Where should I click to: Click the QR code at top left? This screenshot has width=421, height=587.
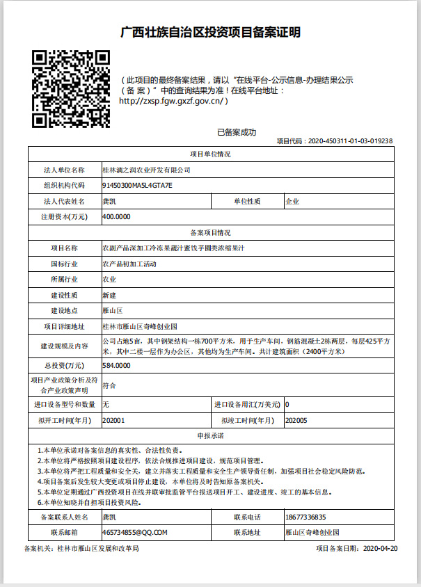coord(71,88)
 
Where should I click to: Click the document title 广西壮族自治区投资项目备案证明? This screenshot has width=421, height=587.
coord(211,32)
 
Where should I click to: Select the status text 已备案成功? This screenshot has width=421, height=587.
coord(237,132)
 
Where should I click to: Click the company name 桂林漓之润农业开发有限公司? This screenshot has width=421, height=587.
coord(146,170)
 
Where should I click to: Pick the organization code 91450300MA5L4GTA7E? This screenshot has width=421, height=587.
coord(136,186)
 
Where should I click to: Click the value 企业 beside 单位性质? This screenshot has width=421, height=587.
coord(292,202)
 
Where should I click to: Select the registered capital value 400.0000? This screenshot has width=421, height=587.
coord(116,217)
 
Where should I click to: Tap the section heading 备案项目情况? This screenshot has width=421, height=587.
coord(210,232)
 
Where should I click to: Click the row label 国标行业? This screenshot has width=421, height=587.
coord(64,264)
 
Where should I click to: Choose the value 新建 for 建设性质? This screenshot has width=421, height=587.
coord(109,295)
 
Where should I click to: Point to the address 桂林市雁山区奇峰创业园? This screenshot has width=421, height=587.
coord(140,326)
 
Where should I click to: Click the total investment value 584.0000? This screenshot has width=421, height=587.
coord(116,365)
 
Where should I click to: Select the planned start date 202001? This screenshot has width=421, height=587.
coord(113,420)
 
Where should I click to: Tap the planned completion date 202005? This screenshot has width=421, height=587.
coord(297,420)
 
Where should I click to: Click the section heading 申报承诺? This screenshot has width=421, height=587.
coord(210,435)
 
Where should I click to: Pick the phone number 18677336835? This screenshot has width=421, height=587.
coord(305,517)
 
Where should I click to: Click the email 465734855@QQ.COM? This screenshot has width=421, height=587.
coord(135,533)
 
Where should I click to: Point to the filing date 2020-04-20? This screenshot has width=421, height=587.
coord(380,549)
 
